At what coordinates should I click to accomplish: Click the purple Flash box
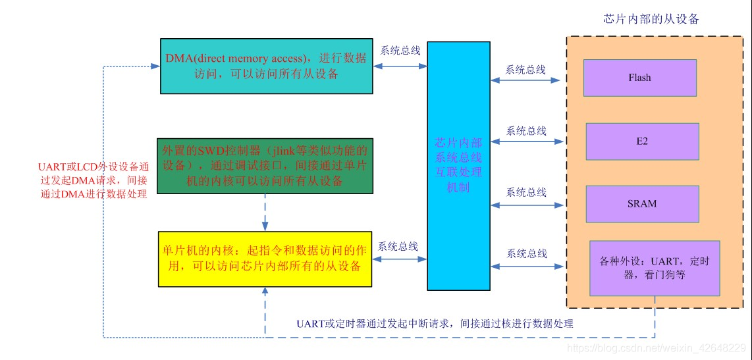tap(639, 78)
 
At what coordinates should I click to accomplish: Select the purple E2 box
tap(642, 141)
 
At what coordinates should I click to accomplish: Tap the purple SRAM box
tap(642, 203)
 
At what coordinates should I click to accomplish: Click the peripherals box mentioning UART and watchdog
tap(655, 268)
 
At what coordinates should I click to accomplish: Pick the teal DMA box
tap(266, 66)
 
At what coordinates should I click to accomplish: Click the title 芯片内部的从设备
tap(651, 19)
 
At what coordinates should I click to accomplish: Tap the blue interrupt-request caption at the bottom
tap(435, 323)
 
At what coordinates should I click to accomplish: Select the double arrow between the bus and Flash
tap(525, 80)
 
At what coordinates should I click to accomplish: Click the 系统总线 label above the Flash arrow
tap(525, 69)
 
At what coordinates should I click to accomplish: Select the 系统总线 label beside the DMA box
tap(400, 50)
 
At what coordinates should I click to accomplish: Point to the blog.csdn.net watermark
tap(656, 347)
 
